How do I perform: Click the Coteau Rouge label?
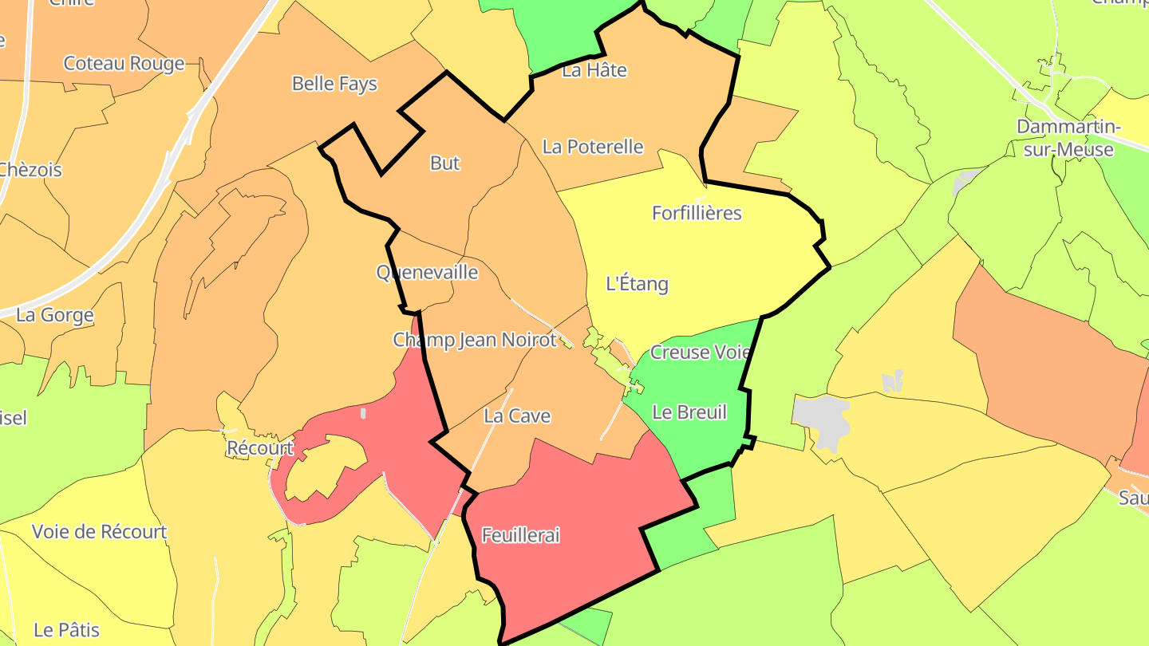tap(124, 64)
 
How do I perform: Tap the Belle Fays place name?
tap(334, 84)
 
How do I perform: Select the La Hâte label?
tap(594, 70)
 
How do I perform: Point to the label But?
tap(445, 163)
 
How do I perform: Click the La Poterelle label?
tap(593, 147)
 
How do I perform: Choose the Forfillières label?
tap(697, 213)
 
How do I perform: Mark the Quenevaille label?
tap(427, 272)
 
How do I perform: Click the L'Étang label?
tap(637, 283)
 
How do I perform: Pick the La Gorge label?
tap(55, 315)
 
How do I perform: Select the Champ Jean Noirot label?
tap(474, 340)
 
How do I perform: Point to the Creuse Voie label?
tap(701, 352)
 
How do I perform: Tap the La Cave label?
tap(517, 416)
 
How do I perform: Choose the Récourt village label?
tap(260, 448)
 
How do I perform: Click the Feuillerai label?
tap(520, 535)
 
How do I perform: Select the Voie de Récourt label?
tap(100, 532)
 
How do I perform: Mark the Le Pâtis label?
tap(67, 630)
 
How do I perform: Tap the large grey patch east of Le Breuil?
tap(822, 417)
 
